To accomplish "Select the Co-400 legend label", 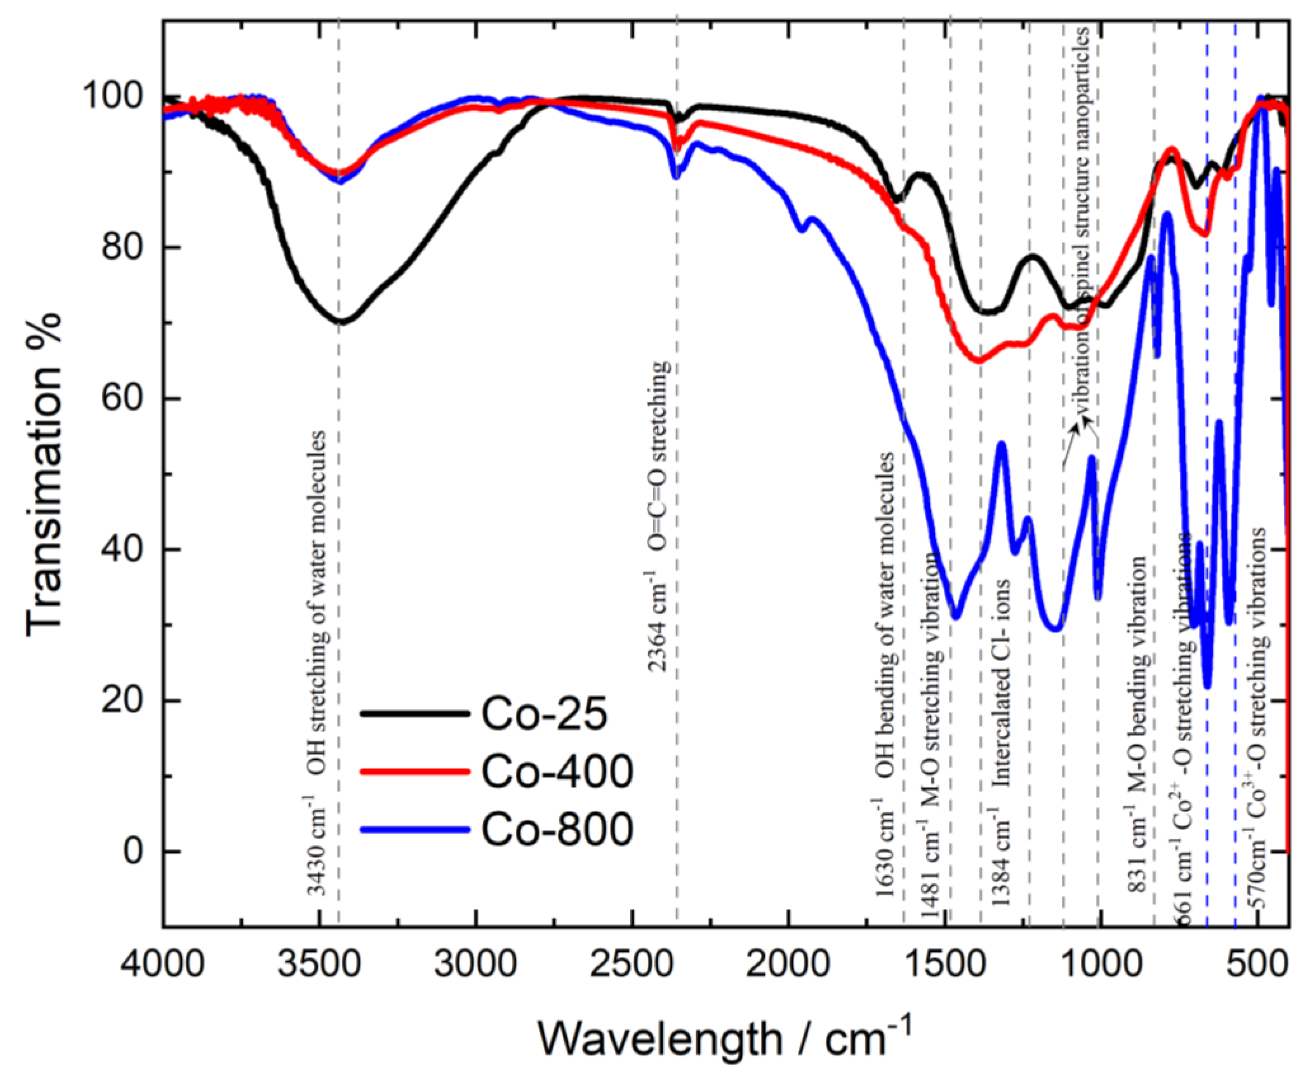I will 556,772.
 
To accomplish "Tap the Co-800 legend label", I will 556,830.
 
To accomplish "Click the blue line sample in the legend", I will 414,829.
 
